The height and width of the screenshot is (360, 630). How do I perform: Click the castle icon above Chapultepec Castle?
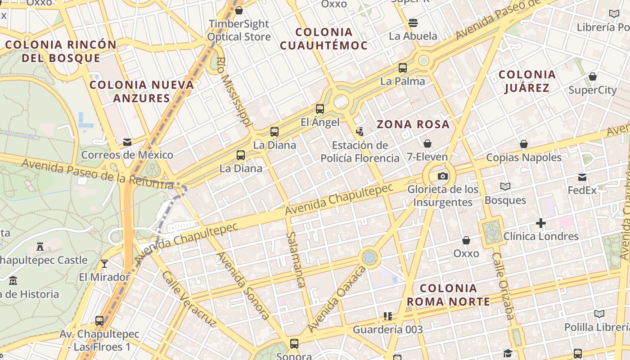point(40,246)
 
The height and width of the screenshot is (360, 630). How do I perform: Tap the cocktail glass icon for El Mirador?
point(104,263)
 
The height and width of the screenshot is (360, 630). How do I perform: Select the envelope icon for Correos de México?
point(127,142)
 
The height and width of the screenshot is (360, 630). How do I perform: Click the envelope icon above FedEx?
point(582,177)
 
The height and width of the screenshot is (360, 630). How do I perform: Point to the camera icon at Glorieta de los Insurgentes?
point(442,176)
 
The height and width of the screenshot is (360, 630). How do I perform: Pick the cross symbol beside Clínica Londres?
point(541,223)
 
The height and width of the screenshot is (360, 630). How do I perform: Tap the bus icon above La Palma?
point(403,68)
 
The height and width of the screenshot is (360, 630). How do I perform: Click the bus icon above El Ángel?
point(320,108)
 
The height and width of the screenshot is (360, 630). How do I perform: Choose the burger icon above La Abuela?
point(413,22)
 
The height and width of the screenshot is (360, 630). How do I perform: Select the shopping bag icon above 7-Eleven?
point(427,144)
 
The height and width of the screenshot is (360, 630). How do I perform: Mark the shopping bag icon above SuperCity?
point(593,76)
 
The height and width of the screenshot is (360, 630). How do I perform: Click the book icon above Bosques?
point(505,186)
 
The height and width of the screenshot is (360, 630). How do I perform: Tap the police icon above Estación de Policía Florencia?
point(360,131)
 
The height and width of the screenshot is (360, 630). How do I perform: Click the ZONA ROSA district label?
point(413,125)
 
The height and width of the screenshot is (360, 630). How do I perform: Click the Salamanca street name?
point(296,260)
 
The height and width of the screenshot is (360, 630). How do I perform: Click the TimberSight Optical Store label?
point(239,30)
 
